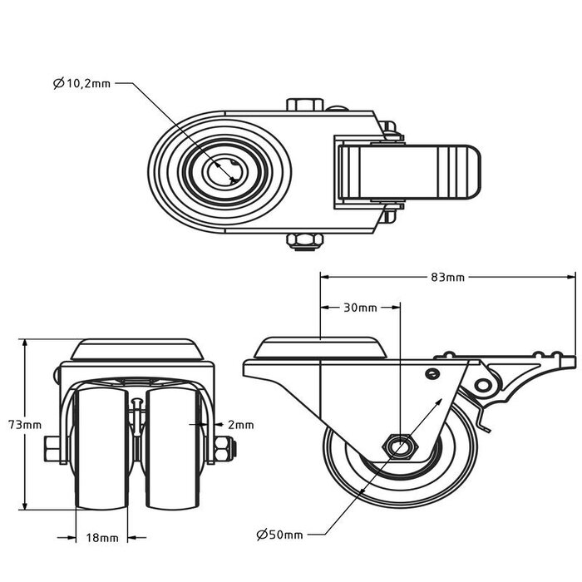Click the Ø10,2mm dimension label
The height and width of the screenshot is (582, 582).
[81, 83]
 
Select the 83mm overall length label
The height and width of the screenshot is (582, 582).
[448, 277]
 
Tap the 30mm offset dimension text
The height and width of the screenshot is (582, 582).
[360, 308]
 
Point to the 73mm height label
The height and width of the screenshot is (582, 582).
[30, 424]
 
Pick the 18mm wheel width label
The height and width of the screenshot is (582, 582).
[102, 538]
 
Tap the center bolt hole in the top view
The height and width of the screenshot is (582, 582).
[224, 172]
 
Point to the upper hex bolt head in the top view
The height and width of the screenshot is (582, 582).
[305, 106]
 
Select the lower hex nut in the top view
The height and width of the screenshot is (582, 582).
[305, 241]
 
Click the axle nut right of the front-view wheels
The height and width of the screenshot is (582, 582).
[224, 450]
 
